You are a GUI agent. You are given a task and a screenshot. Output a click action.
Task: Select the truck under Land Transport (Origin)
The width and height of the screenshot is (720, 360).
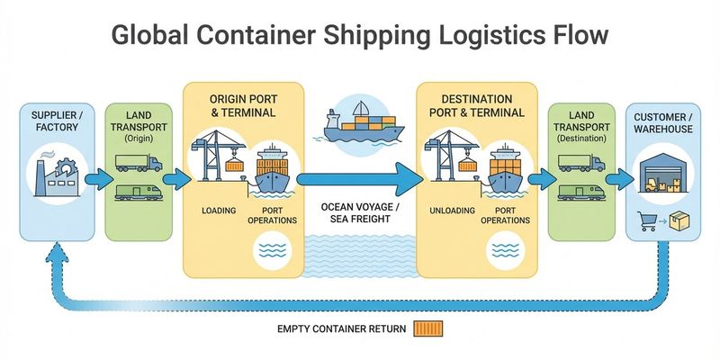point(138,163)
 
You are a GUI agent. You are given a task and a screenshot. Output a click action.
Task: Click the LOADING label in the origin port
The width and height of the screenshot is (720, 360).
point(218,211)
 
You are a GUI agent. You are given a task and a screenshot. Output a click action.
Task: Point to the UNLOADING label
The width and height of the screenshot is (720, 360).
point(452,211)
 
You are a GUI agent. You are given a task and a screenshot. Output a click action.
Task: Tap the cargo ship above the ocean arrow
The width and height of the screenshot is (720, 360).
point(359,126)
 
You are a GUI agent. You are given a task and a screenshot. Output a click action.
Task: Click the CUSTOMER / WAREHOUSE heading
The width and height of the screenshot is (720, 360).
point(663,123)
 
